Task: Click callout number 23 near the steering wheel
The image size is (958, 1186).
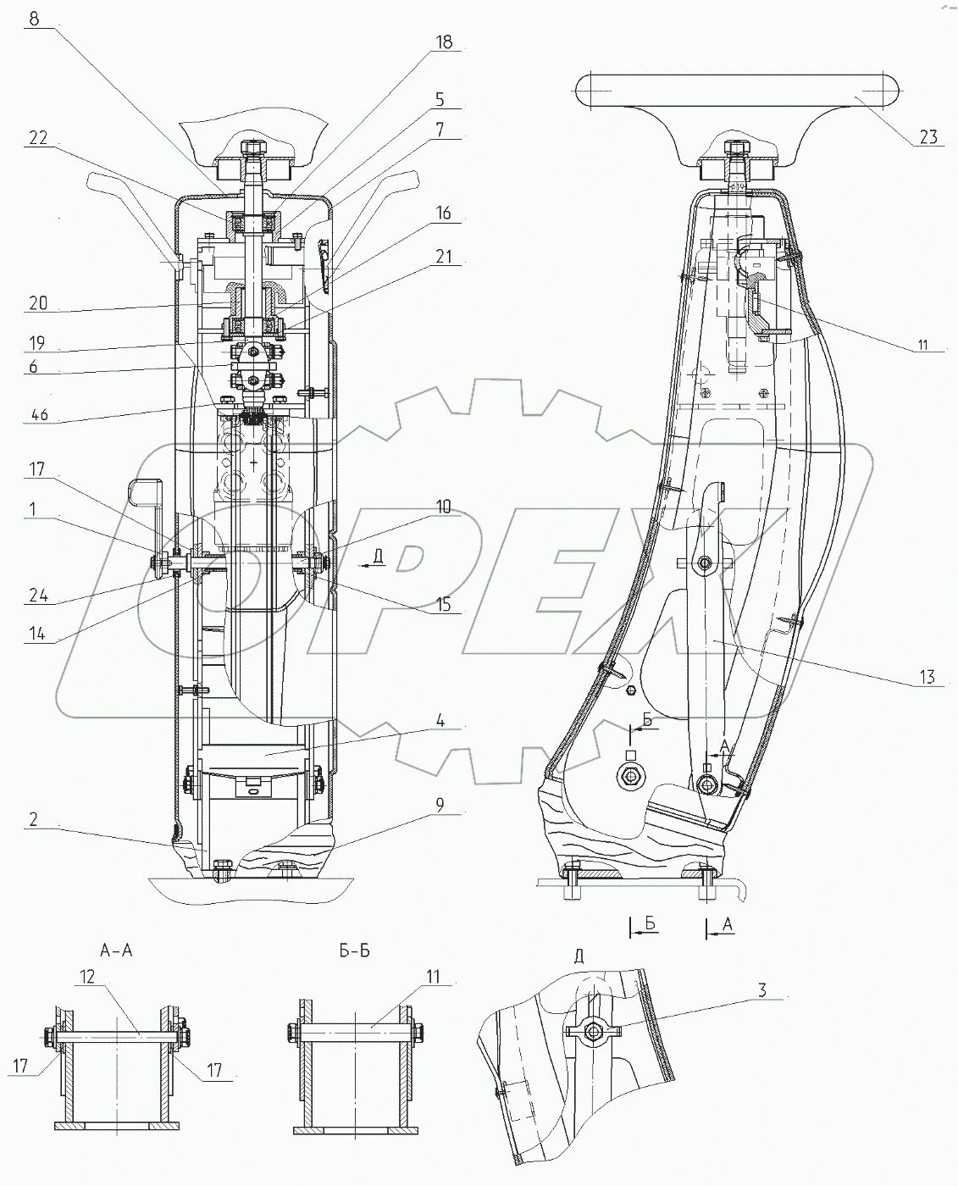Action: click(928, 136)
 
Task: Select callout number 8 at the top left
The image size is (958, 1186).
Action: click(34, 19)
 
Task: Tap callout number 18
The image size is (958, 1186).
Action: click(444, 42)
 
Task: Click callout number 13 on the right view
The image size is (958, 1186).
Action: click(927, 676)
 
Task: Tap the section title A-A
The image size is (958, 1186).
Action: click(115, 950)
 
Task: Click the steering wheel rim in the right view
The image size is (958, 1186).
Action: click(736, 88)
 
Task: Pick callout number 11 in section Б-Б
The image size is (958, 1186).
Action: click(433, 977)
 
